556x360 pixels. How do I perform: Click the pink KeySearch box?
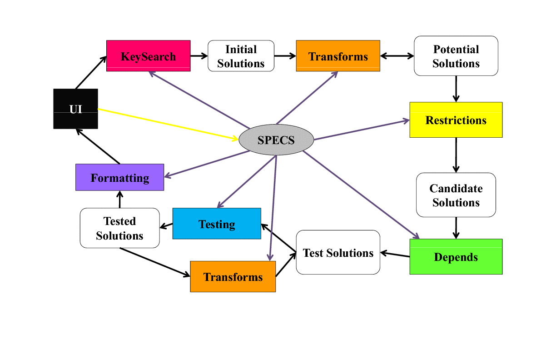pos(148,56)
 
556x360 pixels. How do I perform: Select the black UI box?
pos(75,109)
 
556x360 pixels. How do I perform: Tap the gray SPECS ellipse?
pos(276,140)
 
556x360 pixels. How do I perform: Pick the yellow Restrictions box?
pos(456,120)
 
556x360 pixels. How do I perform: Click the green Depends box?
pos(456,257)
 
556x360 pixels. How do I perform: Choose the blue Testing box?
pos(217,224)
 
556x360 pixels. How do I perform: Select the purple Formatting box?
pos(119,177)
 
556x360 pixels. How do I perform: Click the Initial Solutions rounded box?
pos(241,56)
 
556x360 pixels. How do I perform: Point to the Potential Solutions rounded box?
pos(456,56)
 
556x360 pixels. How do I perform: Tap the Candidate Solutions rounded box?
pos(456,195)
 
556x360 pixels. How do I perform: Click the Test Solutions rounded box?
pos(338,252)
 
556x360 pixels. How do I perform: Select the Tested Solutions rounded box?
pos(119,228)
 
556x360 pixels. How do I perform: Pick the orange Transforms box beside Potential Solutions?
pos(338,56)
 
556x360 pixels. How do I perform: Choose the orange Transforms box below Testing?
pos(233,276)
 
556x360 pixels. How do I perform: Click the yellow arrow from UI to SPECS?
pos(168,124)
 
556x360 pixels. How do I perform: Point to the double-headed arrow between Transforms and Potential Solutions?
pos(397,56)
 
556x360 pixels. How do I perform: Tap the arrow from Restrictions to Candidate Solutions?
pos(456,155)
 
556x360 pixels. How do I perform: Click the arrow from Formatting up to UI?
pos(98,146)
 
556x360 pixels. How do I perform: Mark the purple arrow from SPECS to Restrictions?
pos(362,130)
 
